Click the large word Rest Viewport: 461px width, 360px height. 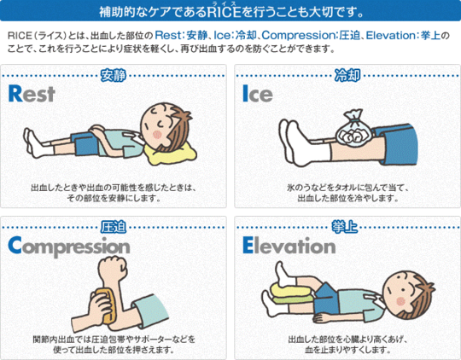click(32, 94)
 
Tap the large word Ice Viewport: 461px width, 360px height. click(258, 94)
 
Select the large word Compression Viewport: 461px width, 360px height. click(69, 247)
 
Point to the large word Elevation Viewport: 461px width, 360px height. click(289, 246)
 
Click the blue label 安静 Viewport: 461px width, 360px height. click(114, 76)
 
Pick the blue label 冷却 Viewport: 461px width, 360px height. click(347, 76)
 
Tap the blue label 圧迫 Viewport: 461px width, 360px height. click(114, 227)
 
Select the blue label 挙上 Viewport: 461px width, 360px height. click(345, 227)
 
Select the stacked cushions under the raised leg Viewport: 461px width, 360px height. click(292, 293)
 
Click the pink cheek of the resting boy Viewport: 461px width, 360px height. click(157, 135)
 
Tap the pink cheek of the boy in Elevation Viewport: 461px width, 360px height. click(400, 301)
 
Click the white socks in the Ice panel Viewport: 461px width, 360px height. click(303, 143)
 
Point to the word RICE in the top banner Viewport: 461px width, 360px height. click(224, 13)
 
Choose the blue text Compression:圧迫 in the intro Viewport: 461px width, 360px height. click(311, 36)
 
